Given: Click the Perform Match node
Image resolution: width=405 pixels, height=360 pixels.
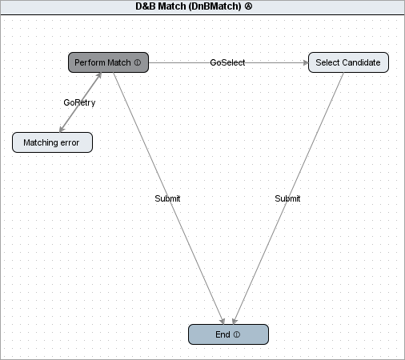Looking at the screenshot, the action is click(x=108, y=62).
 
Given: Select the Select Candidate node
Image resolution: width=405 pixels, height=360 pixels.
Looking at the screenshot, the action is click(x=348, y=62).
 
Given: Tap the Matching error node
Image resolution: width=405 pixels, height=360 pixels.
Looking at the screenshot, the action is click(x=52, y=142).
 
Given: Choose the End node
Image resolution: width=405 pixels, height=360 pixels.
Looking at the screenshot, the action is click(x=228, y=334).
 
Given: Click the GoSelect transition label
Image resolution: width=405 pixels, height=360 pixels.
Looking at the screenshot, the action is click(x=227, y=62).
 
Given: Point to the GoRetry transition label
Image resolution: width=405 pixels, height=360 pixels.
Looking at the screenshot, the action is click(x=79, y=102).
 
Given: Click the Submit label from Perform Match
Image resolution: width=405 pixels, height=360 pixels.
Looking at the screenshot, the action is click(x=167, y=198).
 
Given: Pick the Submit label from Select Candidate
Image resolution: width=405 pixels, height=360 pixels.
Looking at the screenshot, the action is click(x=287, y=198).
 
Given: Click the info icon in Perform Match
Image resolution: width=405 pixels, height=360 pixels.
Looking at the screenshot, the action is click(x=138, y=62).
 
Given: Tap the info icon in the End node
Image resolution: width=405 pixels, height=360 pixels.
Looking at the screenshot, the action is click(x=237, y=334).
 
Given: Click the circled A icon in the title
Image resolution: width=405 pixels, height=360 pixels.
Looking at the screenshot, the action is click(x=248, y=6).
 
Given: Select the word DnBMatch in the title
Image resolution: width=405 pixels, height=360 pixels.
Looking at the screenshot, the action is click(x=215, y=6).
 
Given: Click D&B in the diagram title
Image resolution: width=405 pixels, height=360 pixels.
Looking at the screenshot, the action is click(x=146, y=6).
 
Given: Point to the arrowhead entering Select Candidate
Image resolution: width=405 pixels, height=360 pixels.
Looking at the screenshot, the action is click(x=306, y=62).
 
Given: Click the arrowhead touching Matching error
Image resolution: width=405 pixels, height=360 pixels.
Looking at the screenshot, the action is click(x=62, y=129).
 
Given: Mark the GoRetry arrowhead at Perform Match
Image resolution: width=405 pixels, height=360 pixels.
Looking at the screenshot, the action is click(x=99, y=75).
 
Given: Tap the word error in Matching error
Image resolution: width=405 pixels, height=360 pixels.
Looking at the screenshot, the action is click(x=70, y=142).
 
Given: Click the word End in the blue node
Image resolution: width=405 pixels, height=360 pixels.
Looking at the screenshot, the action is click(x=223, y=334).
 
